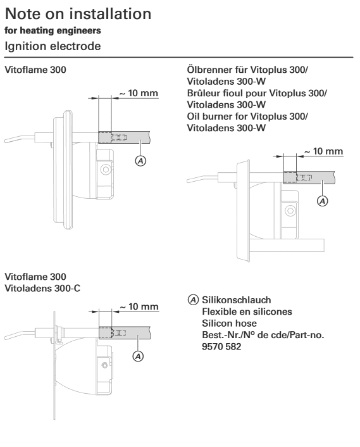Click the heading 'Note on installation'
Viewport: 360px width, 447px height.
click(x=78, y=14)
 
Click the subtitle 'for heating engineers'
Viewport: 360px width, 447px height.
click(x=53, y=30)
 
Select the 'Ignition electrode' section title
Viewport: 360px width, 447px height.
click(x=53, y=46)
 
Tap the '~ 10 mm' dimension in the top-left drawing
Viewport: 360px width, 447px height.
click(x=139, y=93)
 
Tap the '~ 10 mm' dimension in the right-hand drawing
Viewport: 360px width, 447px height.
click(x=323, y=151)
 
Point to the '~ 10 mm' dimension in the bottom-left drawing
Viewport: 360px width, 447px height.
click(x=139, y=306)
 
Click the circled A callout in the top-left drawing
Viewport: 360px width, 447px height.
click(x=140, y=161)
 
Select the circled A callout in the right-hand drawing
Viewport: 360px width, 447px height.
click(x=323, y=201)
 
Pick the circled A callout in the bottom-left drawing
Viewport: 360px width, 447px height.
click(x=138, y=356)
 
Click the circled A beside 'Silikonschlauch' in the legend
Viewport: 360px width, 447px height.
click(x=193, y=300)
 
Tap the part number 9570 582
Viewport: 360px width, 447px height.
click(x=221, y=347)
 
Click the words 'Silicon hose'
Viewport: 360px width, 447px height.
click(x=229, y=324)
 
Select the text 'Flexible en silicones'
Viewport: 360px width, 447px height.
click(x=247, y=312)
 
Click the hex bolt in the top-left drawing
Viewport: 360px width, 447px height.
click(x=106, y=170)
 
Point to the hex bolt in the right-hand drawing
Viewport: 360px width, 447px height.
click(x=290, y=211)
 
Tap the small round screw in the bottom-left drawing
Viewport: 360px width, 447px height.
click(x=104, y=365)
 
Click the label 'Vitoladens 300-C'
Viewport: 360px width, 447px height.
click(x=42, y=289)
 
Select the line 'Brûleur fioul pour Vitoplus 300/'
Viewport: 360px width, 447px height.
click(x=257, y=93)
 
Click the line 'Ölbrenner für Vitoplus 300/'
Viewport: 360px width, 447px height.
click(x=247, y=70)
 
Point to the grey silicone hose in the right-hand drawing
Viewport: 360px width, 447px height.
click(x=309, y=177)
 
